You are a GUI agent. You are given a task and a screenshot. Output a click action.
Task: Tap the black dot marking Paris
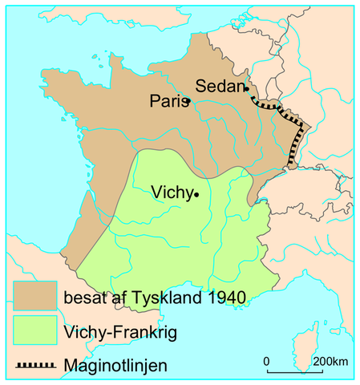(186, 103)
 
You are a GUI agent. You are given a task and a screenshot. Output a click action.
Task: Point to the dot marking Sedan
(246, 89)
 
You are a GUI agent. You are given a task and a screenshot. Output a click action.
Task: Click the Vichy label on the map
(171, 192)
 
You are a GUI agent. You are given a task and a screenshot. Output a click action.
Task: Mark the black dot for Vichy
(196, 193)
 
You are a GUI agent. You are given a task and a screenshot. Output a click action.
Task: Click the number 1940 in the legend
(224, 298)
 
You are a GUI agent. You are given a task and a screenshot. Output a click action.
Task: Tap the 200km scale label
(330, 361)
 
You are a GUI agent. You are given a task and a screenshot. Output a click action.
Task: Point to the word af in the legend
(117, 298)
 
